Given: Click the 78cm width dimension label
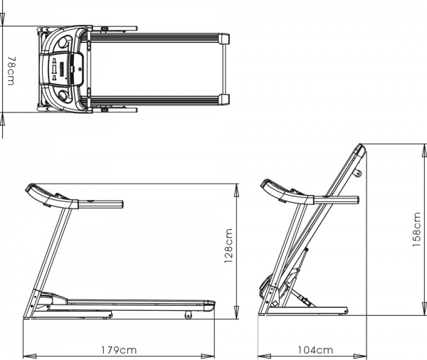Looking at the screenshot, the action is pos(11,71).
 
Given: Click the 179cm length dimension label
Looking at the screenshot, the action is pos(119,350).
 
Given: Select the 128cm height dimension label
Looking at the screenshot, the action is pos(228,246).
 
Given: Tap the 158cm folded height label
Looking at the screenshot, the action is pos(417,230).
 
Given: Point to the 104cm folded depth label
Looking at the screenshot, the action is pos(315,350).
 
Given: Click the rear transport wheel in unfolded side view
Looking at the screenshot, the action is pos(188,315).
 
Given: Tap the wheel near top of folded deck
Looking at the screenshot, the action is pos(358,173).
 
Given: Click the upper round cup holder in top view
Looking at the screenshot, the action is pos(63,42).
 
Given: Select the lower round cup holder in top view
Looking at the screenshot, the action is pos(63,95).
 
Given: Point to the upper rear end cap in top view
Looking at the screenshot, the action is pos(224,38).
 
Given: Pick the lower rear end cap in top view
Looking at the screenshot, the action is pos(224,100).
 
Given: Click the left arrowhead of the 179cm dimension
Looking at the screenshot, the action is pos(29,356).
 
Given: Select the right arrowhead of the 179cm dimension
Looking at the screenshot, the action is pos(208,356).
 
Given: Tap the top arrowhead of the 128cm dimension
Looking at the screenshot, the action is pos(237,191).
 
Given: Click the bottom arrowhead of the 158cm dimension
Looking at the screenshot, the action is pos(423,309).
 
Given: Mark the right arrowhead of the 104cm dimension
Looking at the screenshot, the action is pos(360,356).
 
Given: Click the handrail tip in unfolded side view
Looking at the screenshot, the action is pos(122,204).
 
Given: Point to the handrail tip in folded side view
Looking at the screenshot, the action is pos(357,200).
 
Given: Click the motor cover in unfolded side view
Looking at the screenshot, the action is pos(53,299).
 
